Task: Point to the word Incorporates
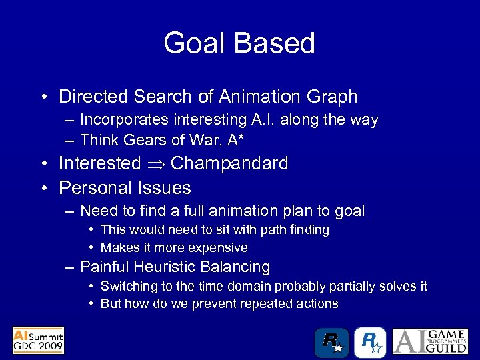[x=119, y=120]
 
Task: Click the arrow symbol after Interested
[x=156, y=164]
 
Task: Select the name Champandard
[x=229, y=164]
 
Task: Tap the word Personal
[x=91, y=188]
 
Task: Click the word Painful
[x=105, y=267]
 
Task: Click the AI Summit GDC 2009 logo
[x=38, y=340]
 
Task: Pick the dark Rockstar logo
[x=331, y=343]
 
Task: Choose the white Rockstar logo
[x=370, y=343]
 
